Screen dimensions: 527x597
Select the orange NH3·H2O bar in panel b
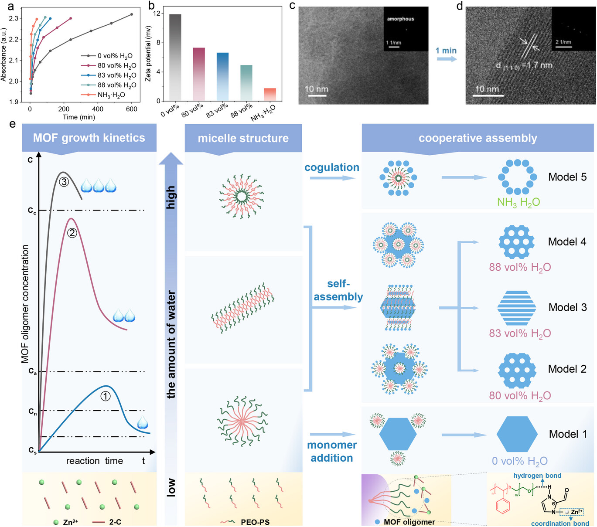tap(270, 95)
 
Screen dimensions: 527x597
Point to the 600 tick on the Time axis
tap(132, 109)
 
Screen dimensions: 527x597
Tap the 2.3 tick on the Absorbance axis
tap(14, 19)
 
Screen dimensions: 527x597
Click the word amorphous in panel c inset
tap(400, 19)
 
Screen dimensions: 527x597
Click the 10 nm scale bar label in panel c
tap(316, 89)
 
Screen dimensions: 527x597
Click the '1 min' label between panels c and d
tap(446, 51)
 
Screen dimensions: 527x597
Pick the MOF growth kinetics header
tap(89, 138)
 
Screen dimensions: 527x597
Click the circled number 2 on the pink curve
tap(72, 233)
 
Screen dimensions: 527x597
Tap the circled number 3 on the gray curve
tap(64, 182)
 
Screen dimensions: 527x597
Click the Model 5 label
tap(567, 177)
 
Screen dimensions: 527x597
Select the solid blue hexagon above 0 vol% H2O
tap(517, 434)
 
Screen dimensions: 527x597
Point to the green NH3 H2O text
tap(519, 202)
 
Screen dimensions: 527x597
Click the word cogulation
tap(331, 167)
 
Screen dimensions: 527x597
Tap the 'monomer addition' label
tap(332, 451)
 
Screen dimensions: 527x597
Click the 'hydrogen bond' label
tap(537, 476)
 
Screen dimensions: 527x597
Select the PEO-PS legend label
tap(255, 522)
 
